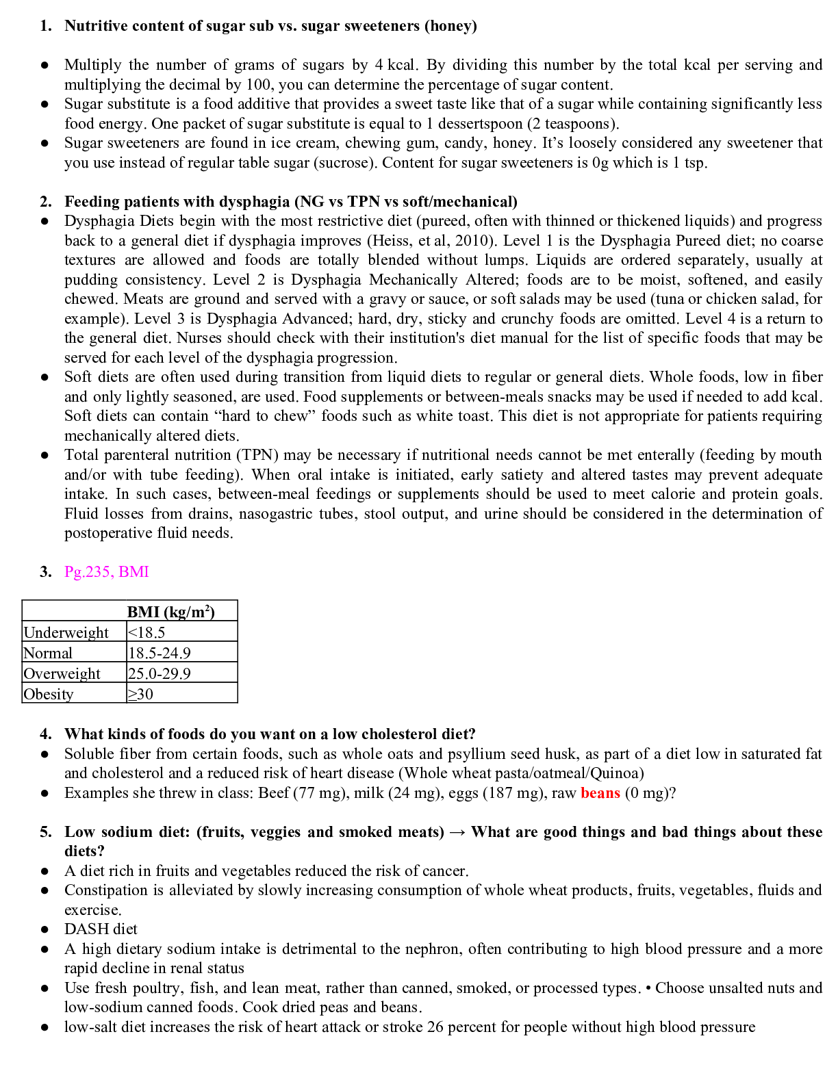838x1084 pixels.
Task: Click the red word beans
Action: click(600, 792)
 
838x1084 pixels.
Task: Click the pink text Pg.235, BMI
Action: click(107, 571)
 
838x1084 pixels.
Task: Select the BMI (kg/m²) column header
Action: click(171, 612)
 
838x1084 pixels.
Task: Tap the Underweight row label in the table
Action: click(66, 632)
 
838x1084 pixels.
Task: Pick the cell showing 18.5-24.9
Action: click(160, 653)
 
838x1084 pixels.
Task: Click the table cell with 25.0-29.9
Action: click(160, 673)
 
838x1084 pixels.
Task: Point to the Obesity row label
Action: click(49, 694)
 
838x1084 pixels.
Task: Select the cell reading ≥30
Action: click(141, 694)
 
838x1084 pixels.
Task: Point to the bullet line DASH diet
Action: click(101, 929)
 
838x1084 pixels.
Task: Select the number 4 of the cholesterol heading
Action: click(46, 734)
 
